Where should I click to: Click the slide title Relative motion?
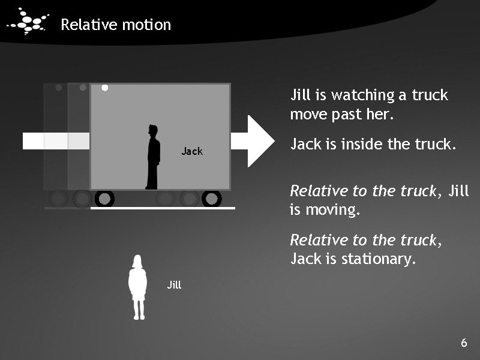tap(116, 25)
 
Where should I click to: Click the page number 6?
tap(463, 343)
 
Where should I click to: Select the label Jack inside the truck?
tap(192, 151)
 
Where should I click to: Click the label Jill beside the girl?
tap(174, 285)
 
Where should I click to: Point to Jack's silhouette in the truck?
tap(153, 159)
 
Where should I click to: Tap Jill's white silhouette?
tap(139, 288)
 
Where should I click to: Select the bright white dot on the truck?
tap(104, 88)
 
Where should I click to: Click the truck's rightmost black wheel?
tap(211, 199)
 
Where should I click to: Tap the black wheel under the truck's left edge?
tap(104, 199)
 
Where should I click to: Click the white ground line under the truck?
tap(162, 208)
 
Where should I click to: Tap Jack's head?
tap(154, 130)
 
